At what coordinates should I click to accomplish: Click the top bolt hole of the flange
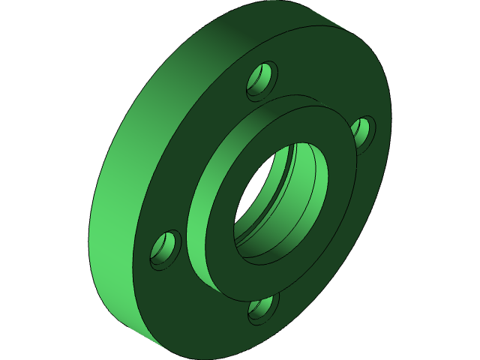click(x=262, y=79)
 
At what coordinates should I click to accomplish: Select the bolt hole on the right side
click(x=363, y=133)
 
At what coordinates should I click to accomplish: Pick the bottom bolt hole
click(x=263, y=308)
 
